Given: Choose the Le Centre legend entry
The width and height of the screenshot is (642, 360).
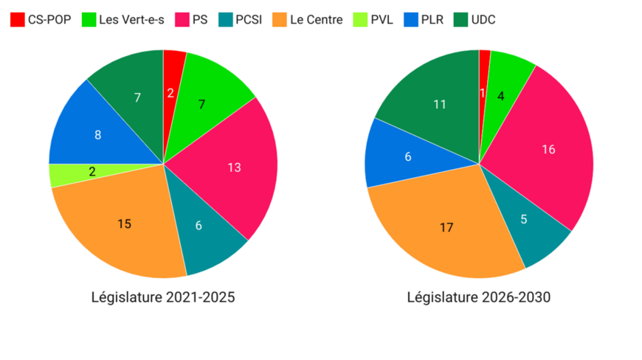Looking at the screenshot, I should click(x=317, y=20).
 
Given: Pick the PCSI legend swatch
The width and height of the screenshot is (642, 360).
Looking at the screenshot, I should click(x=222, y=20).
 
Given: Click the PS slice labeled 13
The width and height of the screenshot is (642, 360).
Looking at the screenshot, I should click(x=234, y=167).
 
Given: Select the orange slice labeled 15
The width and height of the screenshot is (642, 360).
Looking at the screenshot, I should click(x=125, y=224).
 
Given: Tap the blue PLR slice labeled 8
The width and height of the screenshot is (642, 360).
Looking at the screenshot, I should click(x=98, y=135).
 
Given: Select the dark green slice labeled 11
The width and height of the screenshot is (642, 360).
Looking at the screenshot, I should click(x=440, y=104).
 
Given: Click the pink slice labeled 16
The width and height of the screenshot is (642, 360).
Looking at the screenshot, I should click(x=548, y=150).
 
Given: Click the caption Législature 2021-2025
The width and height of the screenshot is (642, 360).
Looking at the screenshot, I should click(x=163, y=297).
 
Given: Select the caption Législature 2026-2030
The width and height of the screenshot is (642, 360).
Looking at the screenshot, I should click(x=479, y=297).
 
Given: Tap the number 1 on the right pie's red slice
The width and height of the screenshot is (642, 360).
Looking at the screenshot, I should click(x=483, y=92).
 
